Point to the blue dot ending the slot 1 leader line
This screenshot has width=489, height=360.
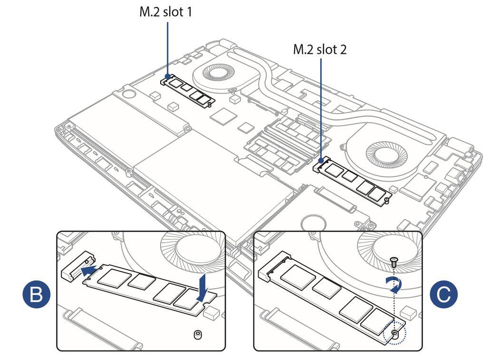pos(168,76)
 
